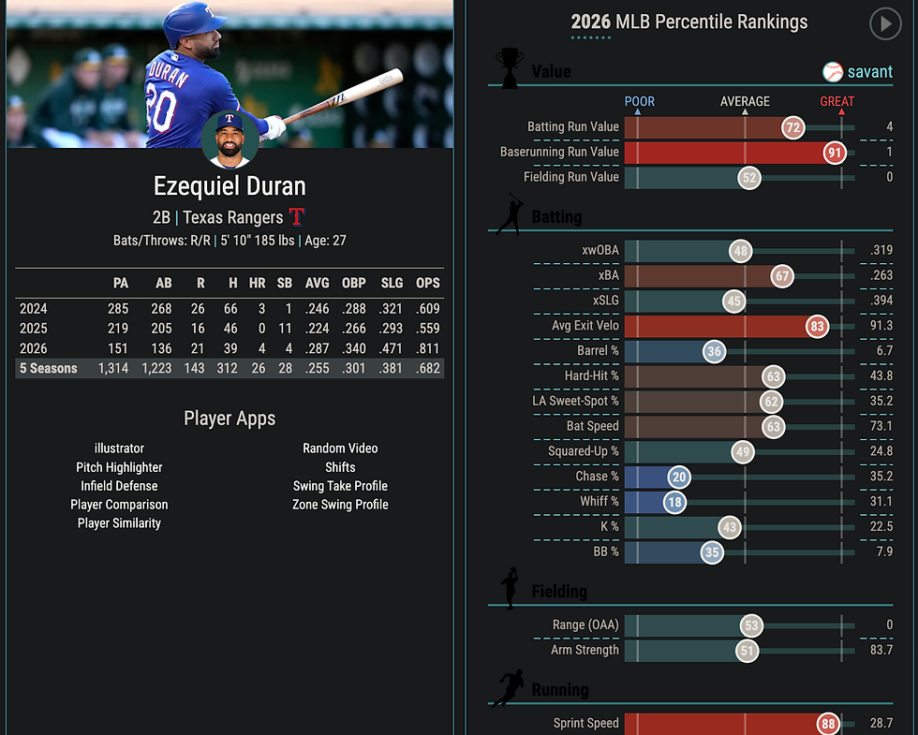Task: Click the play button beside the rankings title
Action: (x=885, y=24)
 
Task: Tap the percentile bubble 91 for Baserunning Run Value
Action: (x=835, y=153)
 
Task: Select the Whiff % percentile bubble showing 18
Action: (x=674, y=502)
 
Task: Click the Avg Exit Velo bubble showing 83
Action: (x=817, y=326)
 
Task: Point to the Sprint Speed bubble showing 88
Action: (x=828, y=723)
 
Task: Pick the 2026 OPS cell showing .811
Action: (x=428, y=348)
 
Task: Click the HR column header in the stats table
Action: (x=257, y=283)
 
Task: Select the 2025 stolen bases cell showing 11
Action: (x=285, y=329)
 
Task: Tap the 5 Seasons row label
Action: (x=49, y=369)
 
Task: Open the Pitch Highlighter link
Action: (x=119, y=467)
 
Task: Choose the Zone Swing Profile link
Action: (x=340, y=505)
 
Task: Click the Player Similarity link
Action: (x=119, y=523)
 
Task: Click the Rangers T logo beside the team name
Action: (x=297, y=216)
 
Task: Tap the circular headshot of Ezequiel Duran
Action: (x=229, y=140)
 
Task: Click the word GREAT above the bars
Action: (x=837, y=101)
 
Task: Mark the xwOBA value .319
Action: (x=881, y=251)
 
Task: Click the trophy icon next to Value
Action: (x=510, y=67)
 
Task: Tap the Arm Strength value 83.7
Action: (x=881, y=650)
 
